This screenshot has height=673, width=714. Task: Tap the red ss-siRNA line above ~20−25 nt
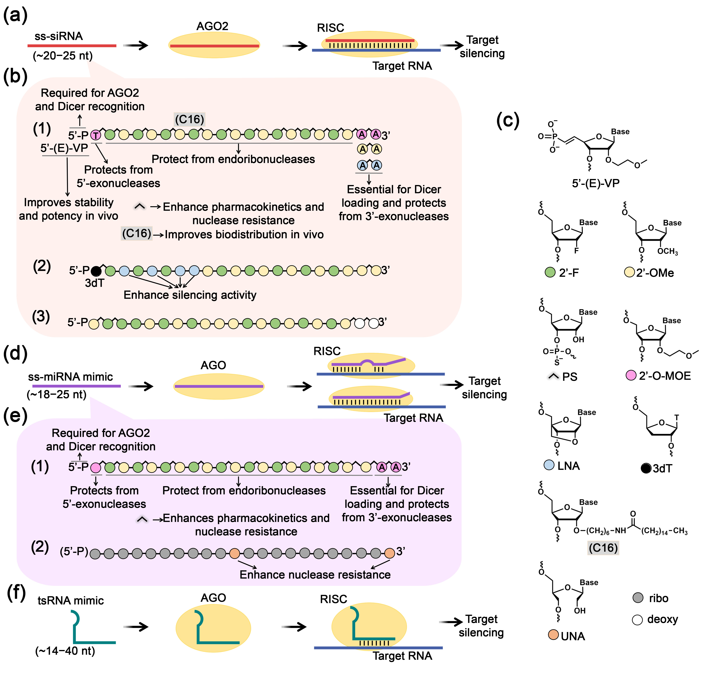(72, 46)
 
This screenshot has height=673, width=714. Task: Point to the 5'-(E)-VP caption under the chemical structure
(595, 183)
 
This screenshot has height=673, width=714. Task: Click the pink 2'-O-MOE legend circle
(631, 376)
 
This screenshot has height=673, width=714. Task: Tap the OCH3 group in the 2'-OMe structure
(667, 251)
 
